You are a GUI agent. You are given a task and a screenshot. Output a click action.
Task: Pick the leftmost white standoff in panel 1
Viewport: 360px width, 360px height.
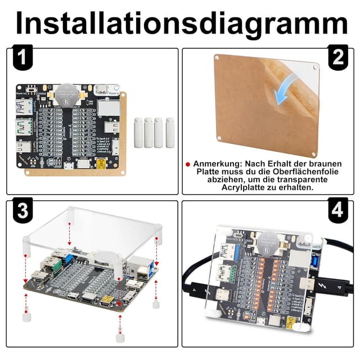point(139,133)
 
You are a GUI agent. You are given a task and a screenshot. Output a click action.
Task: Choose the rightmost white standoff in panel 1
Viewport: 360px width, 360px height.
point(170,133)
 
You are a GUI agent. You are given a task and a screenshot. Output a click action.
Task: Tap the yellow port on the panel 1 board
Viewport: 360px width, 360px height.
point(101,164)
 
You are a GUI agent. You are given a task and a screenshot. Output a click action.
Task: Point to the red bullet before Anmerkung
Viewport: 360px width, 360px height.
point(188,164)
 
